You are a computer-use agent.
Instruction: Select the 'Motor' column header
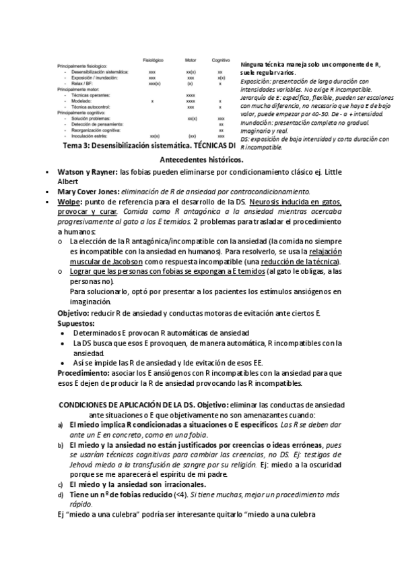point(191,60)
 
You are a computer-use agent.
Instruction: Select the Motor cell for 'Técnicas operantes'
point(191,96)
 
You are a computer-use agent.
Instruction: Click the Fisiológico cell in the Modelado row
point(153,101)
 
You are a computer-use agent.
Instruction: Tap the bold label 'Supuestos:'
point(76,323)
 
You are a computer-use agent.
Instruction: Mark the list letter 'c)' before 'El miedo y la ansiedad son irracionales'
point(61,484)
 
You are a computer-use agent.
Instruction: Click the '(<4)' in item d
point(178,495)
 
